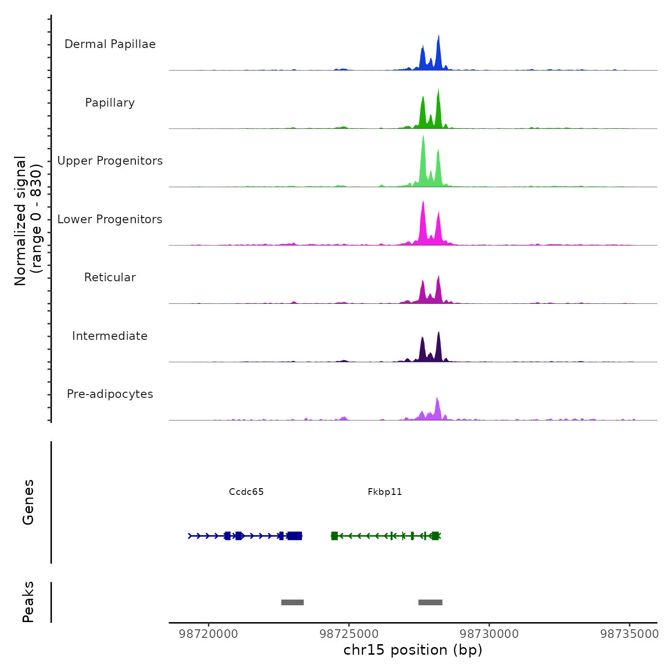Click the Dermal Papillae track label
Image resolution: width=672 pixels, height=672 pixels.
(110, 44)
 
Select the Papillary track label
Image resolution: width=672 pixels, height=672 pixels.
(110, 103)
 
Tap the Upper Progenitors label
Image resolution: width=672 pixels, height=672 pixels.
(110, 161)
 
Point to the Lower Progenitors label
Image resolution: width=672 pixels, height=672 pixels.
(110, 219)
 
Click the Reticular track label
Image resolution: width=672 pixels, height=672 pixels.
(110, 277)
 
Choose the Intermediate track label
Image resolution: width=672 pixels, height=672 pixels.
(110, 336)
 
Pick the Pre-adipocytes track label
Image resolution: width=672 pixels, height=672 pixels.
(110, 394)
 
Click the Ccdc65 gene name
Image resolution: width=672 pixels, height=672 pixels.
(246, 492)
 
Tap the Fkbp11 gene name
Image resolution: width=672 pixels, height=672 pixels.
(384, 492)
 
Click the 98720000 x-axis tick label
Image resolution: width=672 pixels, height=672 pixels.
(208, 634)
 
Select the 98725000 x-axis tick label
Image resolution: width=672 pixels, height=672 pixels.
(349, 634)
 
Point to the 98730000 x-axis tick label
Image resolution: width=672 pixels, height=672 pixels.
(489, 634)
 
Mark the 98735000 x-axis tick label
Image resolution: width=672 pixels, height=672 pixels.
(629, 634)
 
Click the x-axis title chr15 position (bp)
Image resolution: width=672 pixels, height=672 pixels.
(413, 650)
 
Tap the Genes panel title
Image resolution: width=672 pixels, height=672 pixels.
(28, 502)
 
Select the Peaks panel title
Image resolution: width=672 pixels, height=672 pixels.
(28, 602)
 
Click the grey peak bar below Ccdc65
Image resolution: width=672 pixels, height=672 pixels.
(292, 602)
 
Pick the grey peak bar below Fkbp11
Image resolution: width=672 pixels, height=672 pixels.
(430, 602)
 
